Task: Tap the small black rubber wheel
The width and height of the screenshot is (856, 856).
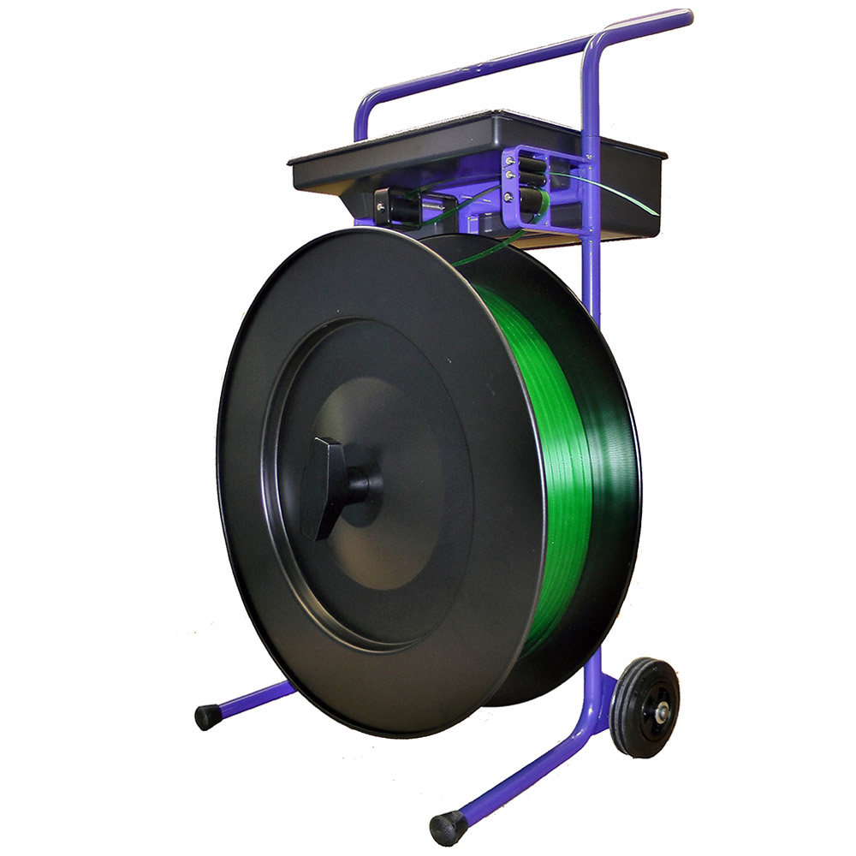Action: (646, 707)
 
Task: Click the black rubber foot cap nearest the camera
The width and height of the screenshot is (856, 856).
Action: (448, 827)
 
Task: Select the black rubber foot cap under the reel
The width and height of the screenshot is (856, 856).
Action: (207, 716)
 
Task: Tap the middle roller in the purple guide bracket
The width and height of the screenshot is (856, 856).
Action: (532, 179)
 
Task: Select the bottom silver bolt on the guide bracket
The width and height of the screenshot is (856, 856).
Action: (508, 197)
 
